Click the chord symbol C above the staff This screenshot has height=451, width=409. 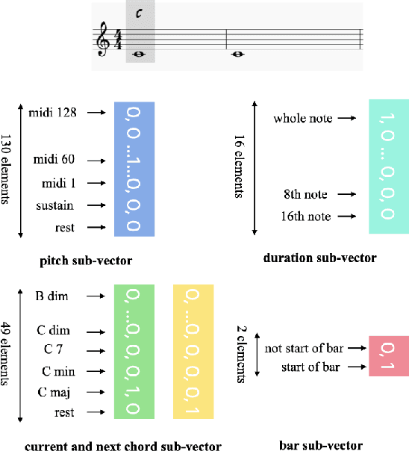(x=140, y=13)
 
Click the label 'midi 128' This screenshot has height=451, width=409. (x=54, y=113)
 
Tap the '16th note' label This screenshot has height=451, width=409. (x=305, y=217)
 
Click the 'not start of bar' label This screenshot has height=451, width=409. (x=302, y=347)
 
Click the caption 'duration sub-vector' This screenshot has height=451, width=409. (x=319, y=258)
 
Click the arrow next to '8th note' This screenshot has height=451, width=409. (x=344, y=194)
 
